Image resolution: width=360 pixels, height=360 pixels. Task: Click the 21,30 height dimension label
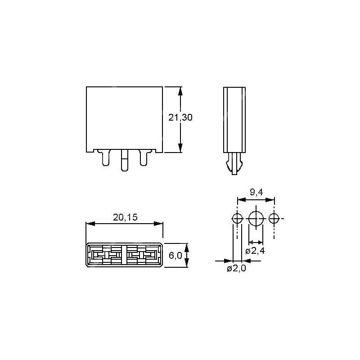[180, 117]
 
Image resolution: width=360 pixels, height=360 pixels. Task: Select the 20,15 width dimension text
[125, 217]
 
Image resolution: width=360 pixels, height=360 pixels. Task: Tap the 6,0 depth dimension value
[175, 255]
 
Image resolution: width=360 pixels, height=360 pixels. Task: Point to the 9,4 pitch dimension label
[256, 192]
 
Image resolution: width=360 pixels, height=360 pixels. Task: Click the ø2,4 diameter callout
[255, 251]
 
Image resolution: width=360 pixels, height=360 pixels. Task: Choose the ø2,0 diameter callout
[236, 268]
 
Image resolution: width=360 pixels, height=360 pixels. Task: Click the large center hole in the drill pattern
[256, 219]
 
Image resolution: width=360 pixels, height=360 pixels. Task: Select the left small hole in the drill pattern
[237, 219]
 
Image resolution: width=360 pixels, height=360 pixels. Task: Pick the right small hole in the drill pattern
[274, 219]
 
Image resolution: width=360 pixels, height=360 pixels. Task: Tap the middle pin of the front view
[125, 160]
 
